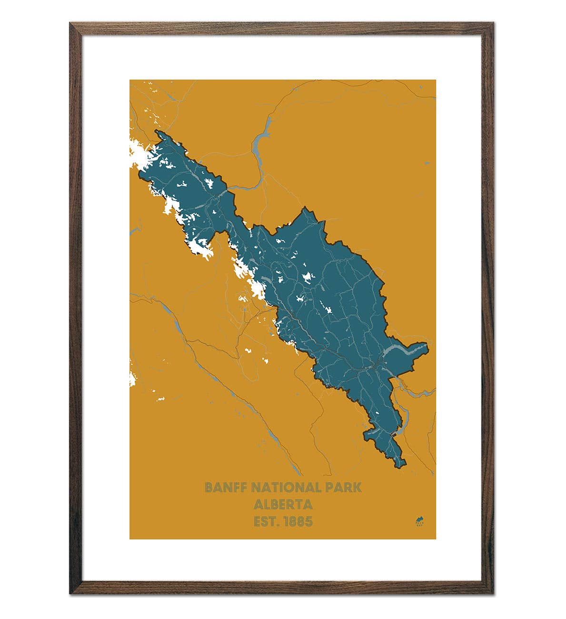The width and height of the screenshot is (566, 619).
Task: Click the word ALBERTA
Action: click(283, 504)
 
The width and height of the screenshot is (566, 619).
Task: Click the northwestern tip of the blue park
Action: click(156, 131)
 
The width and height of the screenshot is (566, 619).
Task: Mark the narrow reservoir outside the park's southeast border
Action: click(404, 419)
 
